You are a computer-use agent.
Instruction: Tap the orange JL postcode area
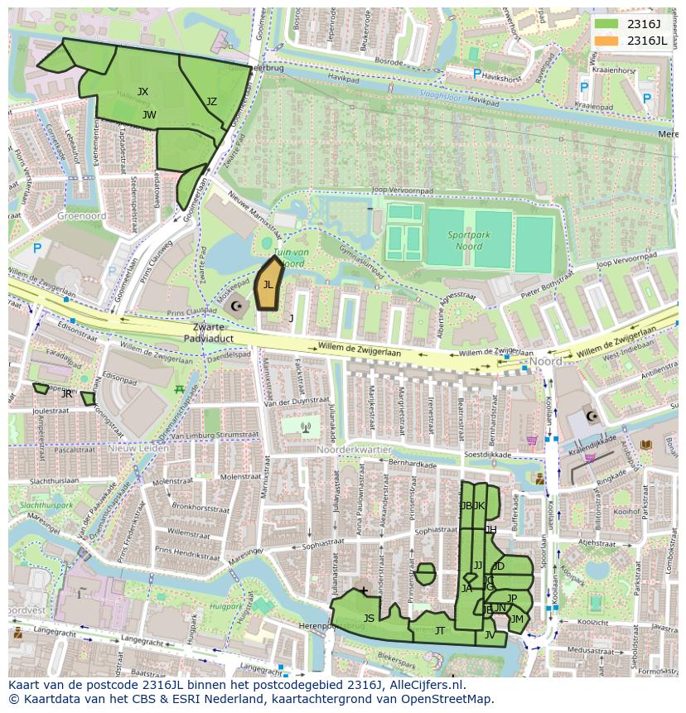[268, 284]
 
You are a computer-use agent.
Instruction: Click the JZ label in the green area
[211, 102]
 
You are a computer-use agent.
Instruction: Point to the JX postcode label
[143, 92]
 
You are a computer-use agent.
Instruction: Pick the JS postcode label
[369, 619]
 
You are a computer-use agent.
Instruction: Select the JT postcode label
[440, 631]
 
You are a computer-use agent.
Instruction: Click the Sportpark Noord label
[470, 240]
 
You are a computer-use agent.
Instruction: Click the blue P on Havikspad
[476, 75]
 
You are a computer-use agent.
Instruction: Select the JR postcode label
[67, 394]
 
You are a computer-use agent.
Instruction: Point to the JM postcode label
[517, 619]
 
